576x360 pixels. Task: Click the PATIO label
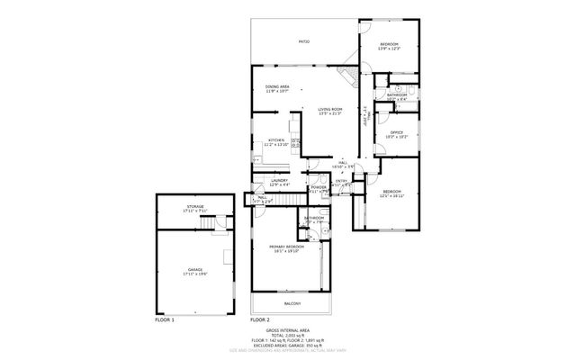point(303,41)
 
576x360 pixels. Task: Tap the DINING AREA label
point(276,86)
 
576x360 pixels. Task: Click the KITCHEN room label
point(275,140)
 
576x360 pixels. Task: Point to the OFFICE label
point(396,133)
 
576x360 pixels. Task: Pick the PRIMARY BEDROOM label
point(286,246)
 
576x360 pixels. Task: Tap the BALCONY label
point(292,304)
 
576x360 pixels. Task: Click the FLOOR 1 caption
point(165,319)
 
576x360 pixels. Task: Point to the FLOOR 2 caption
point(260,319)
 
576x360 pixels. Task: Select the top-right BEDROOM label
point(388,44)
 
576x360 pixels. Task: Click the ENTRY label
point(341,181)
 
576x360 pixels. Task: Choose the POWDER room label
point(319,188)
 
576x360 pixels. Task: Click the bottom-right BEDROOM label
point(391,192)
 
